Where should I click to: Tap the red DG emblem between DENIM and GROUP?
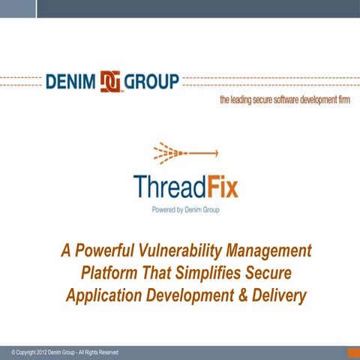[x=110, y=81]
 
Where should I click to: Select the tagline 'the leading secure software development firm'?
[x=284, y=100]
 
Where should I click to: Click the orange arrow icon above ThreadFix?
[x=184, y=154]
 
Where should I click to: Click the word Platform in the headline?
[x=108, y=273]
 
